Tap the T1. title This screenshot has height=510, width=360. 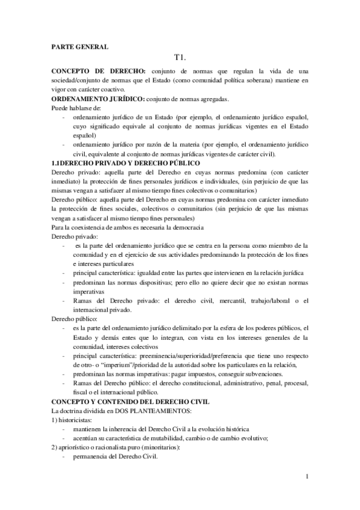pyautogui.click(x=180, y=59)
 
